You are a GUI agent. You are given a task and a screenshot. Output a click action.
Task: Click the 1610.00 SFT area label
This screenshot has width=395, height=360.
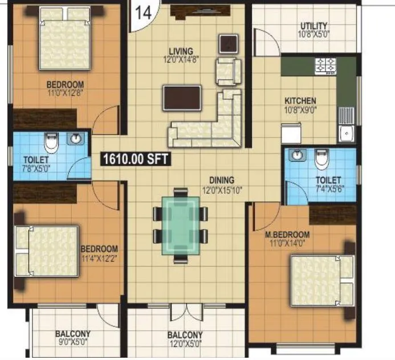136,159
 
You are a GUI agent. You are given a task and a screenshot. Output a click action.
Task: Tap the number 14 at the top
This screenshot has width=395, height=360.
143,13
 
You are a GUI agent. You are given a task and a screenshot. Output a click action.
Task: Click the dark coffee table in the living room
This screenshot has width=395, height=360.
182,97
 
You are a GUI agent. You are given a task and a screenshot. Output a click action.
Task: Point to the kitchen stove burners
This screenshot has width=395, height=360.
326,66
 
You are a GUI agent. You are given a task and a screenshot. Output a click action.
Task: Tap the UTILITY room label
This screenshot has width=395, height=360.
313,26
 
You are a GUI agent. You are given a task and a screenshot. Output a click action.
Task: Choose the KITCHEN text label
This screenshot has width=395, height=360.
300,101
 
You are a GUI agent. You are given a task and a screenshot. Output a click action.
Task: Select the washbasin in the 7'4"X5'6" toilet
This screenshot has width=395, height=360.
297,156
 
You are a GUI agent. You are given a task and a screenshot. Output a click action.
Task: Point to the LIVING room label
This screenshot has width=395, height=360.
180,51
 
